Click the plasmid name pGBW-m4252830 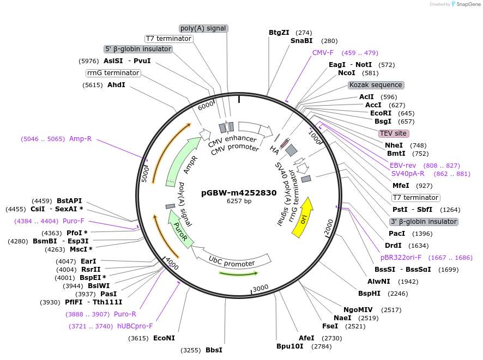pos(239,192)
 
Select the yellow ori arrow pos(303,217)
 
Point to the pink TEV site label pos(393,133)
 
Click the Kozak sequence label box pos(376,85)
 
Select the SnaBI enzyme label pos(301,41)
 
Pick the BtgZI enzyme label pos(279,33)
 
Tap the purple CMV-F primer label pos(323,53)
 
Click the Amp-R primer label pos(80,139)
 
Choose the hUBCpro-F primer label pos(135,326)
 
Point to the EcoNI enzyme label pos(164,338)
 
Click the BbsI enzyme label pos(214,350)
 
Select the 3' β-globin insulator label pos(423,222)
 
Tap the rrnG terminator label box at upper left pos(113,73)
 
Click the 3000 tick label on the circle pos(261,288)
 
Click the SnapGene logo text pos(468,4)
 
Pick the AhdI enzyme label pos(116,85)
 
